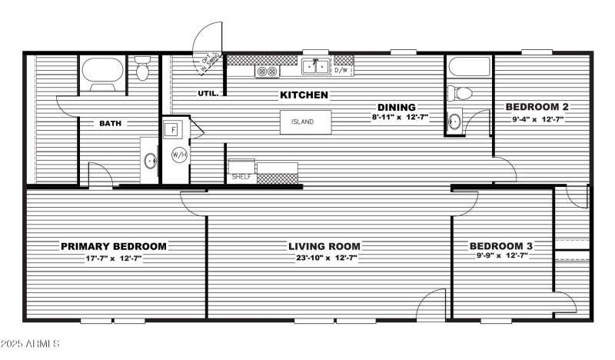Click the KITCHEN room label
pyautogui.click(x=304, y=95)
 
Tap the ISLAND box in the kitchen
pyautogui.click(x=305, y=122)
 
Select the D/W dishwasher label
pyautogui.click(x=342, y=71)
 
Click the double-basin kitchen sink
pyautogui.click(x=315, y=68)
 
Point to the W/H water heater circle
pyautogui.click(x=179, y=155)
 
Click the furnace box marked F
pyautogui.click(x=175, y=129)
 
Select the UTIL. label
pyautogui.click(x=208, y=94)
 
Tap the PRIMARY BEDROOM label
pyautogui.click(x=114, y=246)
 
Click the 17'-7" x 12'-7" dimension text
pyautogui.click(x=114, y=258)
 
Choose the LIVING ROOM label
pyautogui.click(x=324, y=246)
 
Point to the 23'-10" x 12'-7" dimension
pyautogui.click(x=324, y=258)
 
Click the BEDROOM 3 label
pyautogui.click(x=501, y=246)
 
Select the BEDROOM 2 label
pyautogui.click(x=536, y=107)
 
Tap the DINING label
pyautogui.click(x=396, y=107)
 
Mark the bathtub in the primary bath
pyautogui.click(x=102, y=73)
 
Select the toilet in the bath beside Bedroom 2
pyautogui.click(x=463, y=93)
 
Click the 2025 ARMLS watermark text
pyautogui.click(x=31, y=343)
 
